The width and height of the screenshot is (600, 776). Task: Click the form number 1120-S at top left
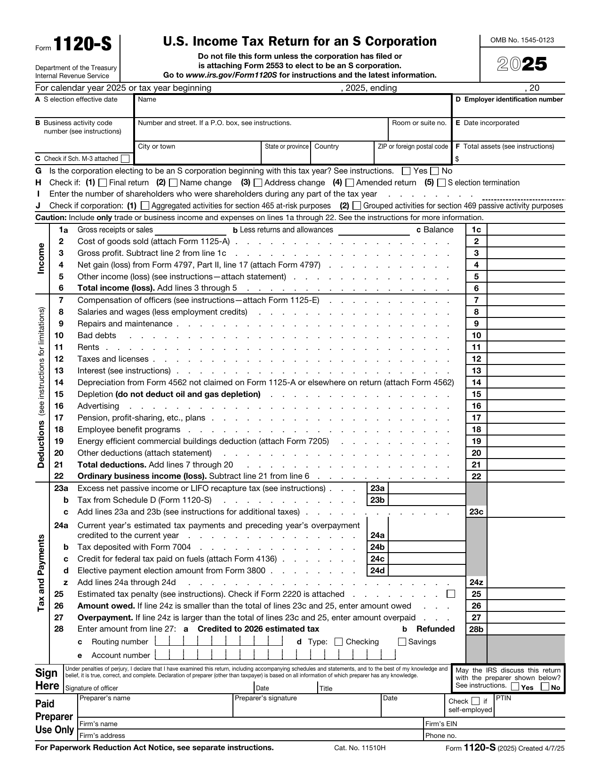pyautogui.click(x=82, y=45)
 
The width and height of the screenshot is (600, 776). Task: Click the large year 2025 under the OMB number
pyautogui.click(x=522, y=64)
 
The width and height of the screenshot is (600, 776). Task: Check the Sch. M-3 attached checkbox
pyautogui.click(x=125, y=159)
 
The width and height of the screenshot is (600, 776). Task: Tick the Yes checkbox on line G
pyautogui.click(x=407, y=171)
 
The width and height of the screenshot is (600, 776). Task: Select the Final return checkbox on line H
pyautogui.click(x=103, y=182)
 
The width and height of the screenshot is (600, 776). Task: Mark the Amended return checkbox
pyautogui.click(x=350, y=182)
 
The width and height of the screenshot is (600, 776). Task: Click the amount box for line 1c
pyautogui.click(x=526, y=230)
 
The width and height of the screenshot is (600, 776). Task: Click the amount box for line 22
pyautogui.click(x=526, y=476)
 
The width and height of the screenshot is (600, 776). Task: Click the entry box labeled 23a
pyautogui.click(x=426, y=488)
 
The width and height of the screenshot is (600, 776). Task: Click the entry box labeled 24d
pyautogui.click(x=426, y=570)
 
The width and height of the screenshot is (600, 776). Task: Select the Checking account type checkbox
pyautogui.click(x=338, y=642)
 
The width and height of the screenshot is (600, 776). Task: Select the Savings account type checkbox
pyautogui.click(x=402, y=642)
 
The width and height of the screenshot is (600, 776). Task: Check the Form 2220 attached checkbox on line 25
pyautogui.click(x=451, y=594)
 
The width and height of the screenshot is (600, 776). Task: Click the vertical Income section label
pyautogui.click(x=41, y=259)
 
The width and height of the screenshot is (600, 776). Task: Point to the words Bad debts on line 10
pyautogui.click(x=96, y=335)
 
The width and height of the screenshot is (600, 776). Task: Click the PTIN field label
pyautogui.click(x=504, y=698)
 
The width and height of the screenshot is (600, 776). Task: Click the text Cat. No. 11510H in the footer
pyautogui.click(x=360, y=748)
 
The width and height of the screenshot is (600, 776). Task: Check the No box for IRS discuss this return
pyautogui.click(x=545, y=687)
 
